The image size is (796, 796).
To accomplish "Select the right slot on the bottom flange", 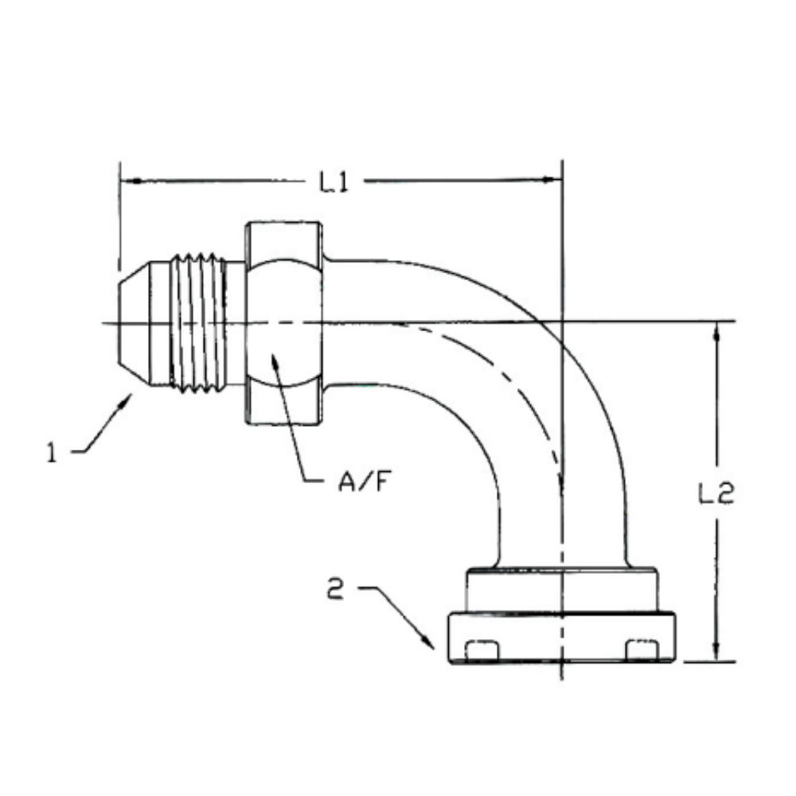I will tap(641, 650).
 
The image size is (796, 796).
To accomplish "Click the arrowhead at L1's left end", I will tap(129, 181).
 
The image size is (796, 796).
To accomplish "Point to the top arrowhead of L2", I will tap(716, 331).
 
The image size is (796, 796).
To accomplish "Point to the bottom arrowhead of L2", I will tap(716, 651).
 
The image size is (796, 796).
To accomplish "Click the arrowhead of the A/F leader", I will tap(273, 359).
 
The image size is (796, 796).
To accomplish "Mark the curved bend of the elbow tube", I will tap(525, 358).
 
